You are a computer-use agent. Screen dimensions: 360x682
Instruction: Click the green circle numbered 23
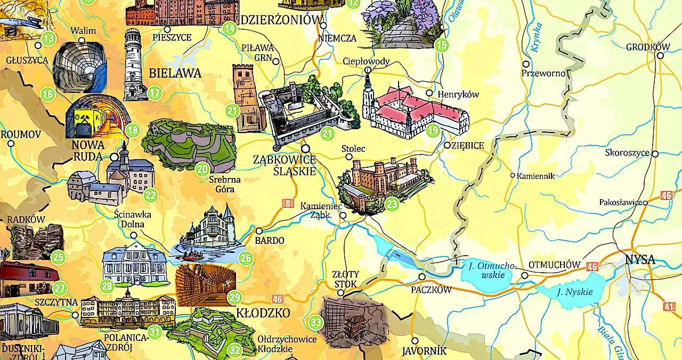[392, 204]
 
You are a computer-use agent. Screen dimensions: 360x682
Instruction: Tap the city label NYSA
[639, 261]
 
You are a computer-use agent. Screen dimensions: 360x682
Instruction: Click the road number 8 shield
[288, 203]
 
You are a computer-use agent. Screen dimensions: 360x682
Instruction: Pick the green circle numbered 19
[433, 130]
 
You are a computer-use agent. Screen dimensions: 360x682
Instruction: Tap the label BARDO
[270, 240]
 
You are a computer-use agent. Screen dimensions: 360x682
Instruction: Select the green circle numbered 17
[154, 93]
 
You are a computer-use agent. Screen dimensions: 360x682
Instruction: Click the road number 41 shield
[670, 306]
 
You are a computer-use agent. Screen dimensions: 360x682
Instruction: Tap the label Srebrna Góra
[221, 184]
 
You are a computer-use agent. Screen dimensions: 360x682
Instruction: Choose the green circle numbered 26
[245, 259]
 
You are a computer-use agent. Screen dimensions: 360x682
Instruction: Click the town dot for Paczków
[421, 277]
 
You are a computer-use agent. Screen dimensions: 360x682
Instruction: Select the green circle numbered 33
[316, 322]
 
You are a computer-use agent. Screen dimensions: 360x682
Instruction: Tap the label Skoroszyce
[627, 153]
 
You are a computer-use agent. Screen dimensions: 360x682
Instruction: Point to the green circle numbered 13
[48, 38]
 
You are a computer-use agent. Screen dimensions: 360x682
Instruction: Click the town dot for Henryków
[429, 93]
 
